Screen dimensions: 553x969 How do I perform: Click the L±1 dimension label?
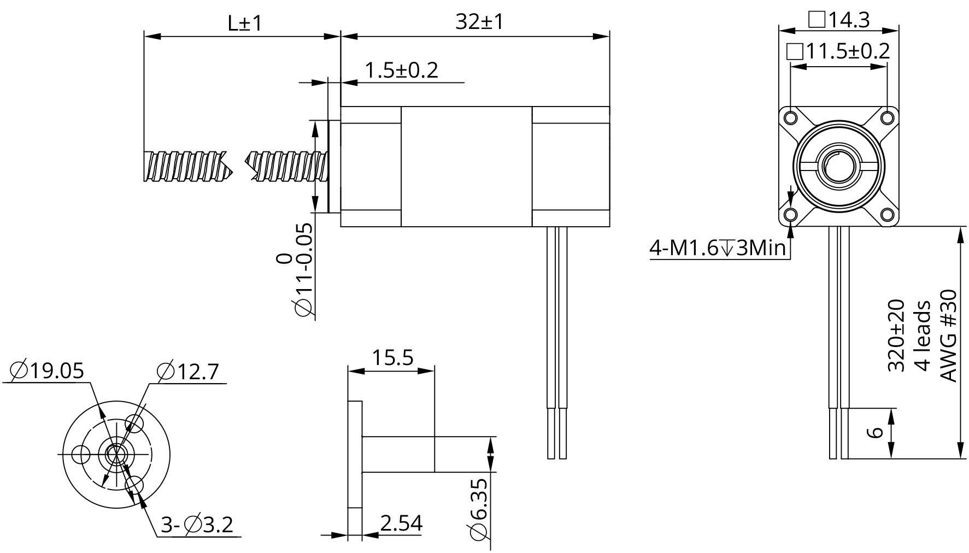click(245, 23)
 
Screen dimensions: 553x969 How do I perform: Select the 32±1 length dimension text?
click(479, 22)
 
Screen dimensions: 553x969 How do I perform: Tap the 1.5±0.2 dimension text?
click(401, 70)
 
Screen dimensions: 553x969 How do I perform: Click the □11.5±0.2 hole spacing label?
click(838, 52)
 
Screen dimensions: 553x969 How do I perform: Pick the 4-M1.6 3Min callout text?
click(718, 249)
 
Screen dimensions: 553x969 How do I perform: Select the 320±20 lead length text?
click(896, 335)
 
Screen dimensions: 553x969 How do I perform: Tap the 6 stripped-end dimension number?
click(875, 432)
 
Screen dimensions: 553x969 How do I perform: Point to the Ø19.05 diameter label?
click(48, 371)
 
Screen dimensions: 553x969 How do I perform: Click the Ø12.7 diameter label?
click(187, 372)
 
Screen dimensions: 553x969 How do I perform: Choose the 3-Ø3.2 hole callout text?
click(197, 525)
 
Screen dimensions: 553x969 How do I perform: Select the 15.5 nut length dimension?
click(392, 358)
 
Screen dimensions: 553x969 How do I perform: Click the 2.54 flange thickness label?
click(401, 523)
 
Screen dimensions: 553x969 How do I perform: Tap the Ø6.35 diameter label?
click(477, 509)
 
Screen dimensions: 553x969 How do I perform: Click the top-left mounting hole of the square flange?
click(791, 117)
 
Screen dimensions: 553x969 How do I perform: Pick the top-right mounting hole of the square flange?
click(887, 117)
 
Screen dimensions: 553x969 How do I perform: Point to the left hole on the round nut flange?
click(81, 454)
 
